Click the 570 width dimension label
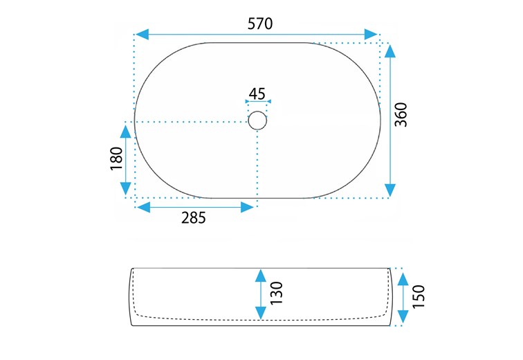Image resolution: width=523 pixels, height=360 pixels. pos(260,24)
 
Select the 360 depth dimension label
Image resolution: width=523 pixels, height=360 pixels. pos(401,115)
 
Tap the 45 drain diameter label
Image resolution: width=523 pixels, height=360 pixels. pos(257,93)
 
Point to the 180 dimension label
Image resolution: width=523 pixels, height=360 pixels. pos(117,159)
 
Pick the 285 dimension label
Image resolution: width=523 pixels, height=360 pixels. pos(194,218)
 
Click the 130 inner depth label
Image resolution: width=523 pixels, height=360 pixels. pos(276,294)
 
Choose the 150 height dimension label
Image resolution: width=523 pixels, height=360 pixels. pos(419,296)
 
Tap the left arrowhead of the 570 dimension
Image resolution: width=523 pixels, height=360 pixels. pos(142,35)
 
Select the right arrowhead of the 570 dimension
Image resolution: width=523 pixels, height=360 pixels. pos(371,35)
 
